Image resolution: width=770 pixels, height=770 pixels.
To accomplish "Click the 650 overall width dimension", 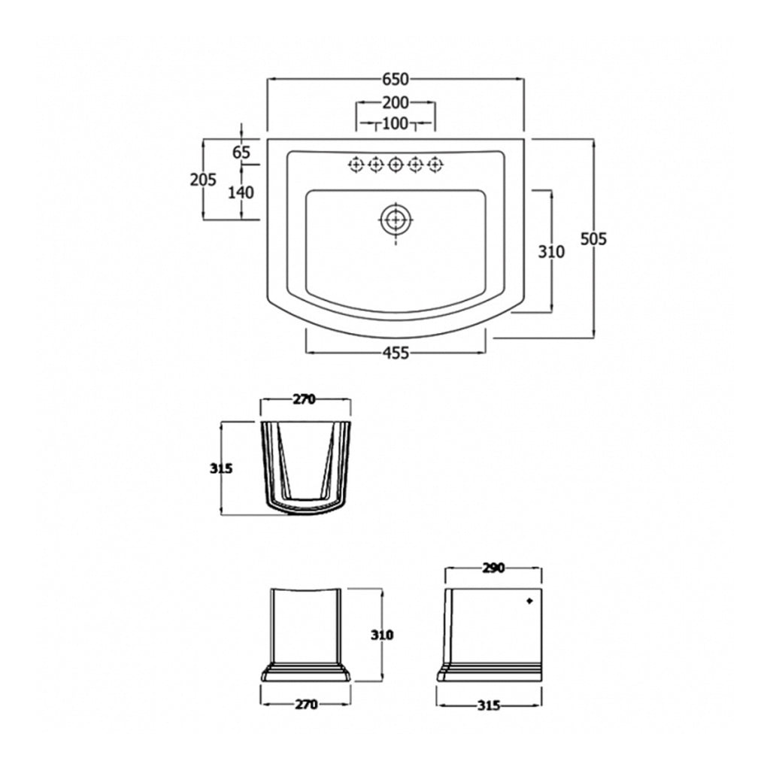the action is point(396,78).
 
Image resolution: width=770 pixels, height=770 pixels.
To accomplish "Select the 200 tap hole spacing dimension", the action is point(396,102).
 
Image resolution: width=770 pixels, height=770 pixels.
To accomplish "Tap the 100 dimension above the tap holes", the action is point(396,123).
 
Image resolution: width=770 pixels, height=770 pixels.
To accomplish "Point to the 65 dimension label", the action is point(241,152).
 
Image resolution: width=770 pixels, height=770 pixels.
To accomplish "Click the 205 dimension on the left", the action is point(203,180).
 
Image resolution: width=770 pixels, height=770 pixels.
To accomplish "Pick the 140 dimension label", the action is point(241,192).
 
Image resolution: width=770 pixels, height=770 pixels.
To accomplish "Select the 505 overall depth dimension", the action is point(594,239).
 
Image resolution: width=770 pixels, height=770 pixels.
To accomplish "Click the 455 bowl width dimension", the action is point(396,353).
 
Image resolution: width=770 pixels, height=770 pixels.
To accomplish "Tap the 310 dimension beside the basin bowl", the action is point(551,251).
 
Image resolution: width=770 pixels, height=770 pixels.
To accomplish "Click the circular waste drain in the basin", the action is point(396,220).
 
